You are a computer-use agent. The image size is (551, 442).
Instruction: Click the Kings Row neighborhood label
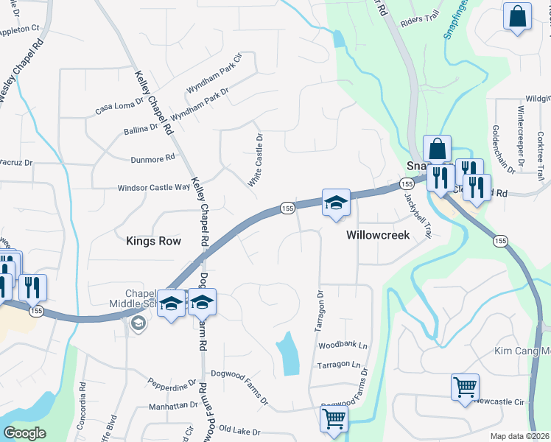[x=153, y=240]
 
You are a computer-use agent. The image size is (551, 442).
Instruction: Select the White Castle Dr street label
[x=256, y=160]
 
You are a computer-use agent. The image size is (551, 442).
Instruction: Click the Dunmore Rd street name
[x=152, y=158]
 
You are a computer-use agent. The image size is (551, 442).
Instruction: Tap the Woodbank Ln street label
[x=342, y=345]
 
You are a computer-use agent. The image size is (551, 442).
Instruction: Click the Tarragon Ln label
[x=339, y=365]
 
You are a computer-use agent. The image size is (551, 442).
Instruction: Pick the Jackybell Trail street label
[x=416, y=215]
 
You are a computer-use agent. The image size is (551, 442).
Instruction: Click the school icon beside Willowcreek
[x=335, y=203]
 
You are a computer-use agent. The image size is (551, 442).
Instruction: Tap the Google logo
[x=24, y=433]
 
